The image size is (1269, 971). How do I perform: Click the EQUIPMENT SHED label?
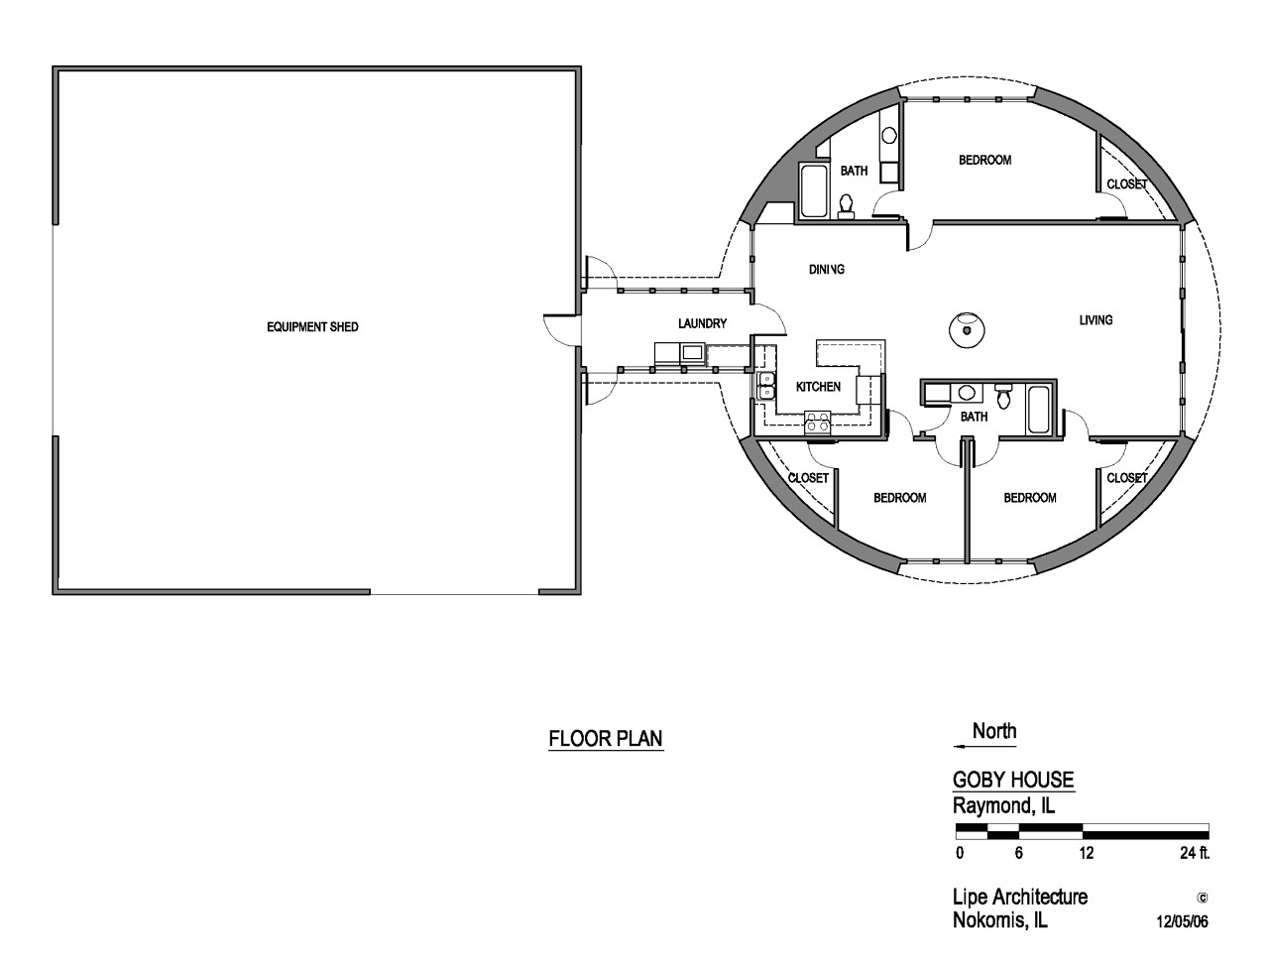point(312,327)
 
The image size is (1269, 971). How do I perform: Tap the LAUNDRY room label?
point(703,323)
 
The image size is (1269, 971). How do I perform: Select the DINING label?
point(826,270)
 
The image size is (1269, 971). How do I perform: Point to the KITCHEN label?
point(818,387)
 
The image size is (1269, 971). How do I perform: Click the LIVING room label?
point(1096,319)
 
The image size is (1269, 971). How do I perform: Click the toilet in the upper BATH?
point(847,204)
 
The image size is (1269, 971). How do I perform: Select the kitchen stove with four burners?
point(818,422)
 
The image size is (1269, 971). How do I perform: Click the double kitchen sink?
point(765,386)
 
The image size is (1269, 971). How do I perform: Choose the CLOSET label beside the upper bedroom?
point(1126,184)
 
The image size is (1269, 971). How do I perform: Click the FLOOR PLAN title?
point(606,739)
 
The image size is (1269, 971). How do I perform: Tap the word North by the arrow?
point(994,732)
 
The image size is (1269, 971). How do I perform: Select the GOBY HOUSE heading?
point(1013,781)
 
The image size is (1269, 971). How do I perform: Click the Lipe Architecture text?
point(1020,897)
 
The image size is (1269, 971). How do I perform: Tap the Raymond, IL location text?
point(1004,806)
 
